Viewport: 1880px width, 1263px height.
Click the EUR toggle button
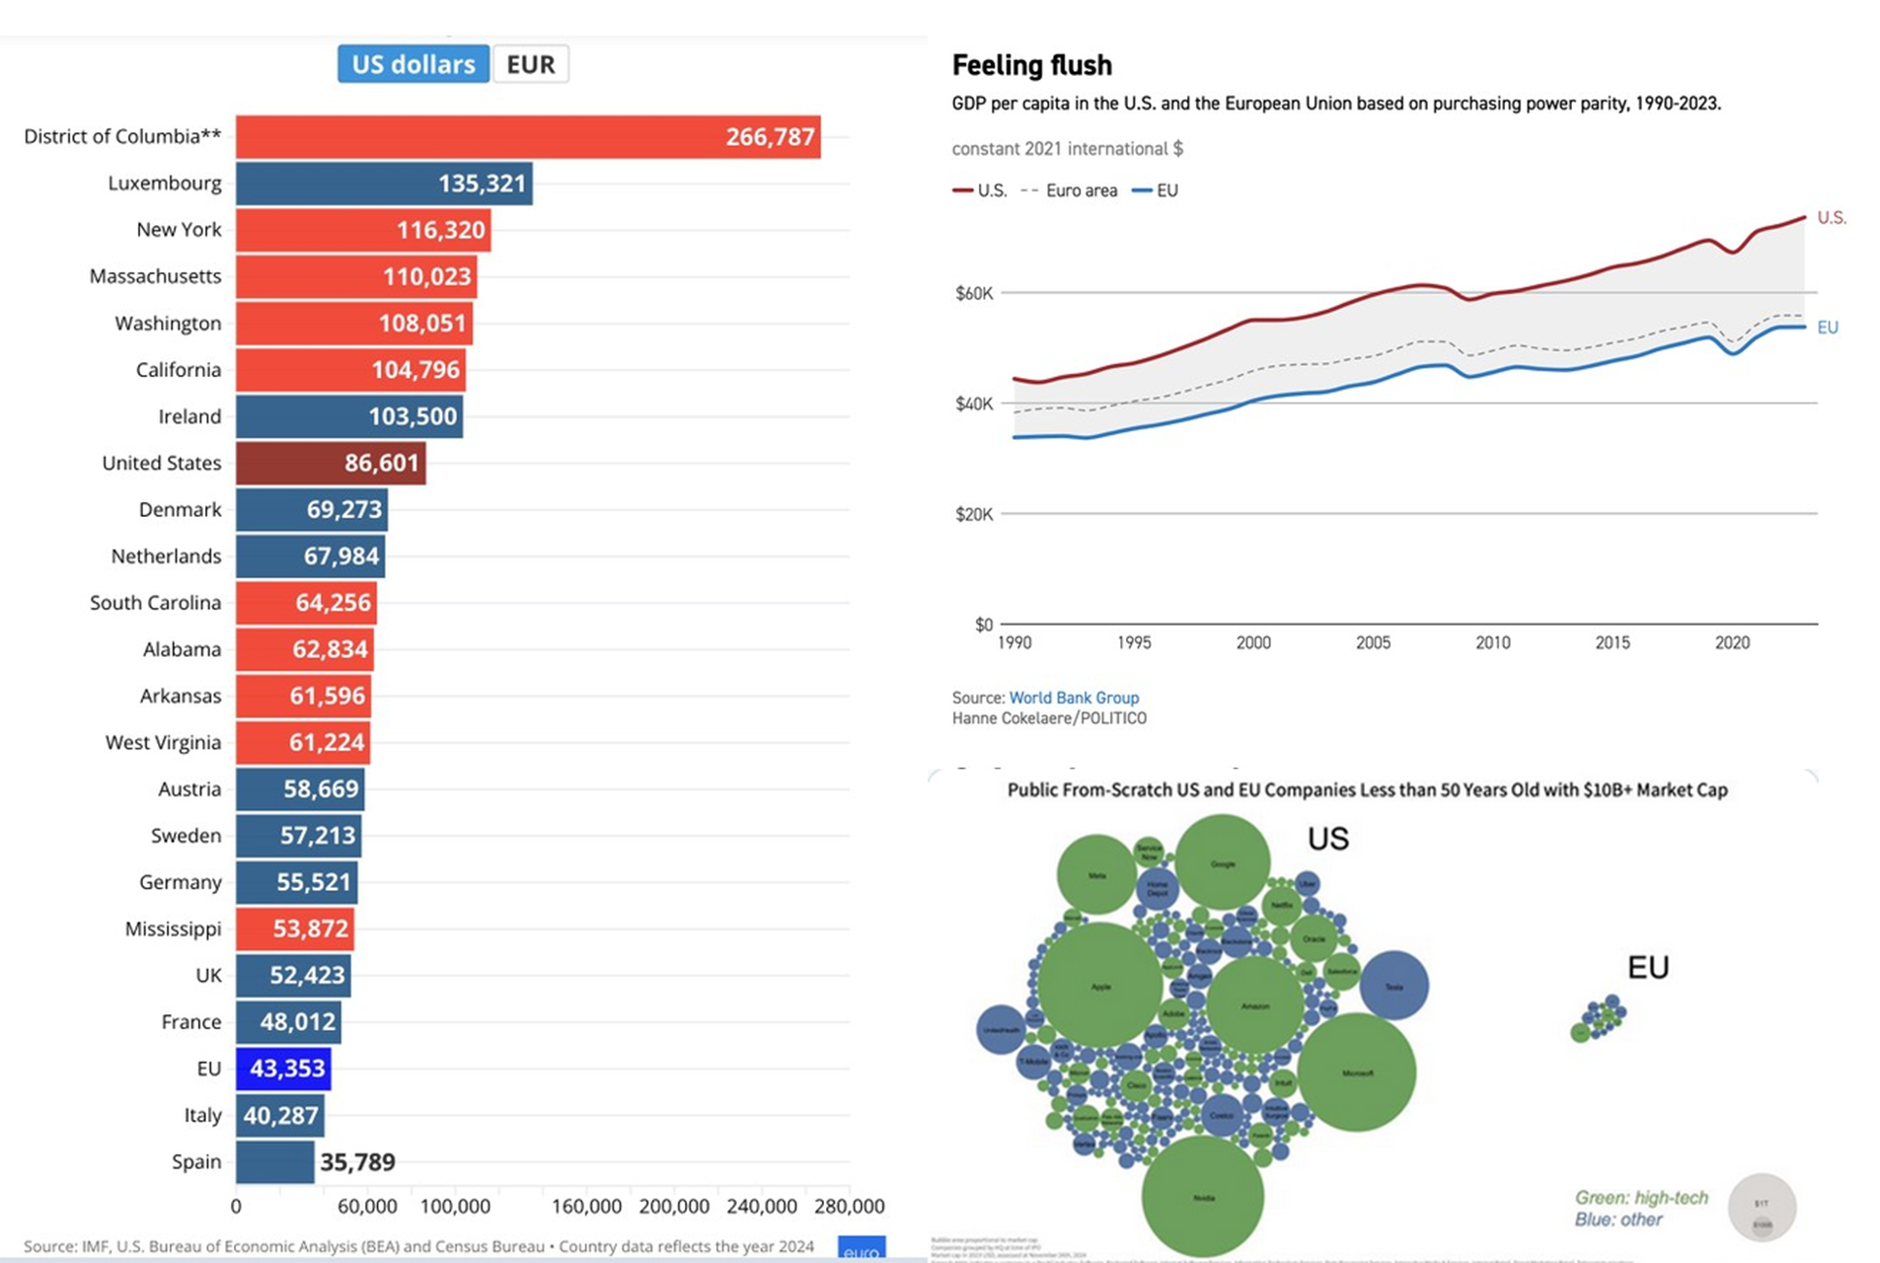[x=530, y=64]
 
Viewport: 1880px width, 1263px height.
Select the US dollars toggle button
[x=413, y=64]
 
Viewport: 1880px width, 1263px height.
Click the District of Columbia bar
[x=527, y=136]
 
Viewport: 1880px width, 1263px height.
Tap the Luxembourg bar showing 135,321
[x=383, y=184]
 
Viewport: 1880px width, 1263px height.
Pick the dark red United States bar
[x=330, y=463]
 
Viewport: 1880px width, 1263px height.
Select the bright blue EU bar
[x=282, y=1069]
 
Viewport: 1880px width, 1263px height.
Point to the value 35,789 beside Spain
[x=357, y=1162]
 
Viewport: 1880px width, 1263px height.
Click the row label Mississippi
[x=173, y=929]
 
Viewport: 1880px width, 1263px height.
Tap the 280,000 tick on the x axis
[x=849, y=1206]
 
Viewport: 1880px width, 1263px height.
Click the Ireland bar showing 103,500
[x=348, y=416]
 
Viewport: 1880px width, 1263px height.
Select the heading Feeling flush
[x=1031, y=65]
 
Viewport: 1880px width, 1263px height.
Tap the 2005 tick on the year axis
[x=1373, y=642]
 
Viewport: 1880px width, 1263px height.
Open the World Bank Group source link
[x=1073, y=698]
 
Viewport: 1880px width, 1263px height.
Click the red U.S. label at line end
[x=1831, y=217]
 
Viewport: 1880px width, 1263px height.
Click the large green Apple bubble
[x=1099, y=985]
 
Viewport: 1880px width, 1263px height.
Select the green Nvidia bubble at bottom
[x=1202, y=1197]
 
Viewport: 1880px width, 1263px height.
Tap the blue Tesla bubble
[x=1393, y=985]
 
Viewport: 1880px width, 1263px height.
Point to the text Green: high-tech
[x=1640, y=1197]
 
